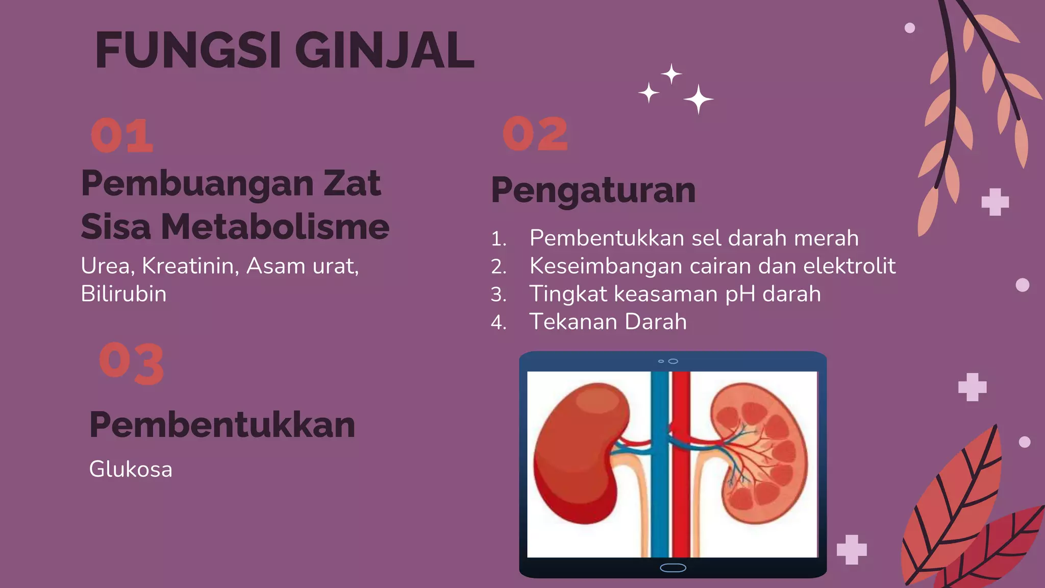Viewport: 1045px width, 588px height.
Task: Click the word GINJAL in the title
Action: coord(384,51)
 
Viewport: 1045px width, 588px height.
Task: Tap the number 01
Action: coord(122,136)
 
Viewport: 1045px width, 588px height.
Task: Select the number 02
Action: coord(535,134)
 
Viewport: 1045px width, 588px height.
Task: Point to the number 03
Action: coord(132,363)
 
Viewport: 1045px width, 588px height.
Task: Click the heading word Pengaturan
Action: coord(593,190)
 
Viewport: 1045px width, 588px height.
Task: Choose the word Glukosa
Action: coord(131,469)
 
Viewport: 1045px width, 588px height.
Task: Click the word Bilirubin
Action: coord(123,294)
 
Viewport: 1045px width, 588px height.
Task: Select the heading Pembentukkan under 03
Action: coord(222,425)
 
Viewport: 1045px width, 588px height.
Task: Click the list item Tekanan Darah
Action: coord(608,322)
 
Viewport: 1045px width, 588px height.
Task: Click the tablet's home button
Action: coord(673,568)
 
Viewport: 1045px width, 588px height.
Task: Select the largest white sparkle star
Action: coord(698,99)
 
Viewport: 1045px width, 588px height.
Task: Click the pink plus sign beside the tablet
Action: coord(851,550)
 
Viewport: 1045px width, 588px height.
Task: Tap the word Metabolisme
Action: coord(275,227)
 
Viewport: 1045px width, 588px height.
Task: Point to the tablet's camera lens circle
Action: coord(673,361)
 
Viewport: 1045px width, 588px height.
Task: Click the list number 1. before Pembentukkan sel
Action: coord(498,239)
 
